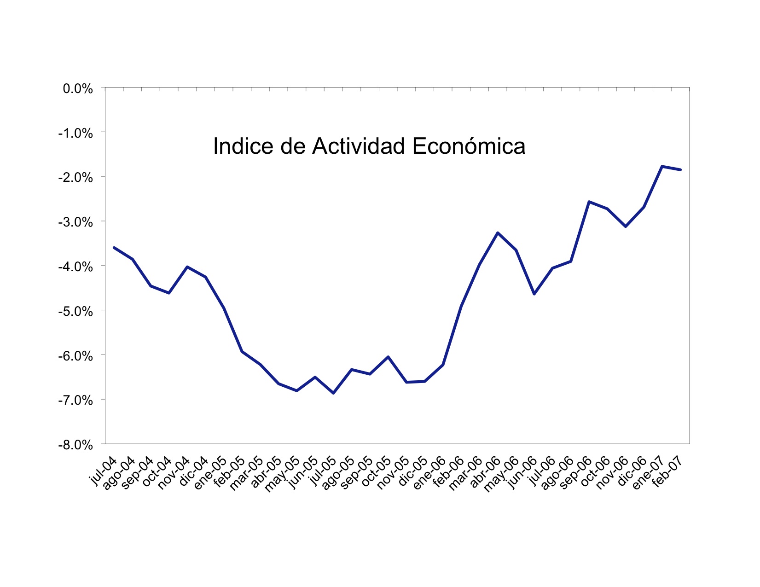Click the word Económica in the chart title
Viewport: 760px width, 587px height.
[x=469, y=146]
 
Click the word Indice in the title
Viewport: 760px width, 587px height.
[x=243, y=146]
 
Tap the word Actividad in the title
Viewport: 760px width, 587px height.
[x=358, y=146]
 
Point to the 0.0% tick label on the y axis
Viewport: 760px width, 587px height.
[x=78, y=88]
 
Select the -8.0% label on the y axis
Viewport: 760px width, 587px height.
[x=76, y=445]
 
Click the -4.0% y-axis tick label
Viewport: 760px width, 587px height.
[x=76, y=267]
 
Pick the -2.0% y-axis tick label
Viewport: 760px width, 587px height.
[x=76, y=178]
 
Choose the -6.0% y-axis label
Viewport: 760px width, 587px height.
[x=76, y=356]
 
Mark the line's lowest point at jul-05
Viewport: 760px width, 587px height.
[x=333, y=393]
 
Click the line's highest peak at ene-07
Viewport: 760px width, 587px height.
[x=662, y=166]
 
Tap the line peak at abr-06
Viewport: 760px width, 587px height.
[x=498, y=233]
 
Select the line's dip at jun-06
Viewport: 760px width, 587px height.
[x=534, y=294]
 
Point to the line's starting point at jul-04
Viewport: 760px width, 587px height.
[x=114, y=248]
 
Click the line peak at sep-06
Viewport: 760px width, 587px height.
[x=589, y=202]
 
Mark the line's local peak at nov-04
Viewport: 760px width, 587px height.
[x=187, y=267]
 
